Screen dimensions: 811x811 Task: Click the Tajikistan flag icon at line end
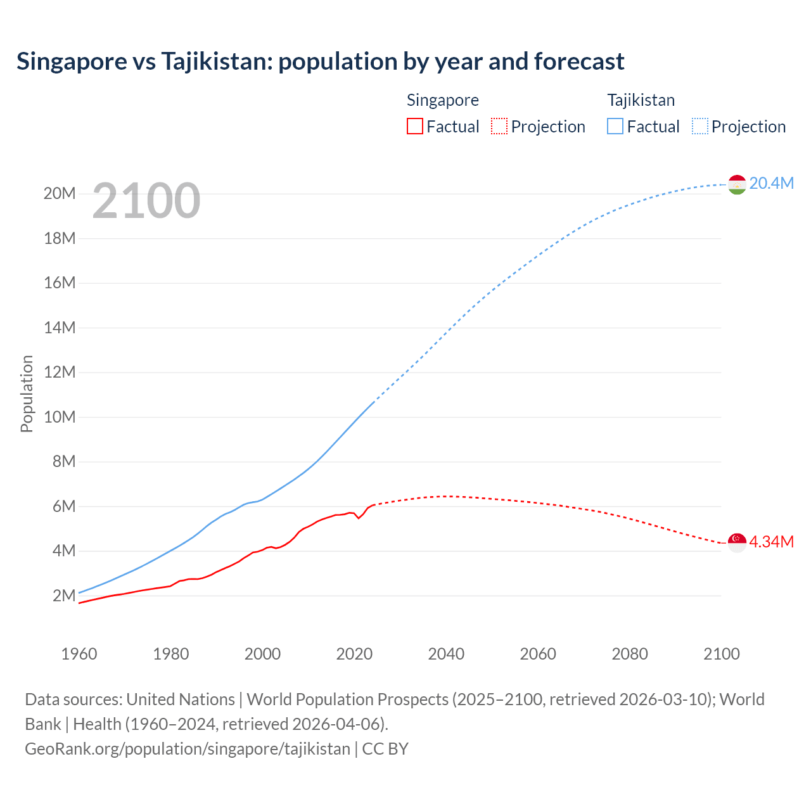coord(737,184)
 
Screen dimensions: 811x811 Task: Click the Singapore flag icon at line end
coord(737,542)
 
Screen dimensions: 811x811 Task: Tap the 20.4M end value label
coord(771,183)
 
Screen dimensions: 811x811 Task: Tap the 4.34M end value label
coord(771,542)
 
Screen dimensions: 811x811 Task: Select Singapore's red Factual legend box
coord(414,126)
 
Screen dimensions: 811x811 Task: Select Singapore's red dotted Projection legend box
coord(499,126)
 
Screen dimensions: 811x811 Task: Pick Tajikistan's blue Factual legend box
coord(615,126)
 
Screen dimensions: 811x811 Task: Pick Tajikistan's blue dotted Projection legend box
coord(700,126)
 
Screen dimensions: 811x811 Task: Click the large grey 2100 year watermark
coord(146,201)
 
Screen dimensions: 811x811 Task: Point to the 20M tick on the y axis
coord(60,193)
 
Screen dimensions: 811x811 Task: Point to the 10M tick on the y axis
coord(60,417)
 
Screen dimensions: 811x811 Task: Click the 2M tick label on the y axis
coord(64,596)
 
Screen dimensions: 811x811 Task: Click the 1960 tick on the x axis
coord(79,654)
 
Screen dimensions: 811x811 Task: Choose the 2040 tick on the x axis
coord(446,654)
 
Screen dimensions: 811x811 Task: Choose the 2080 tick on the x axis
coord(630,654)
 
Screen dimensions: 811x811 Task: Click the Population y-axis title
coord(27,393)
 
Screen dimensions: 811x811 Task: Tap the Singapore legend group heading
coord(442,100)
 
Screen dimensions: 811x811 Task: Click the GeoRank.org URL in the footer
coord(188,748)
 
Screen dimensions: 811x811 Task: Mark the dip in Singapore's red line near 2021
coord(359,518)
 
